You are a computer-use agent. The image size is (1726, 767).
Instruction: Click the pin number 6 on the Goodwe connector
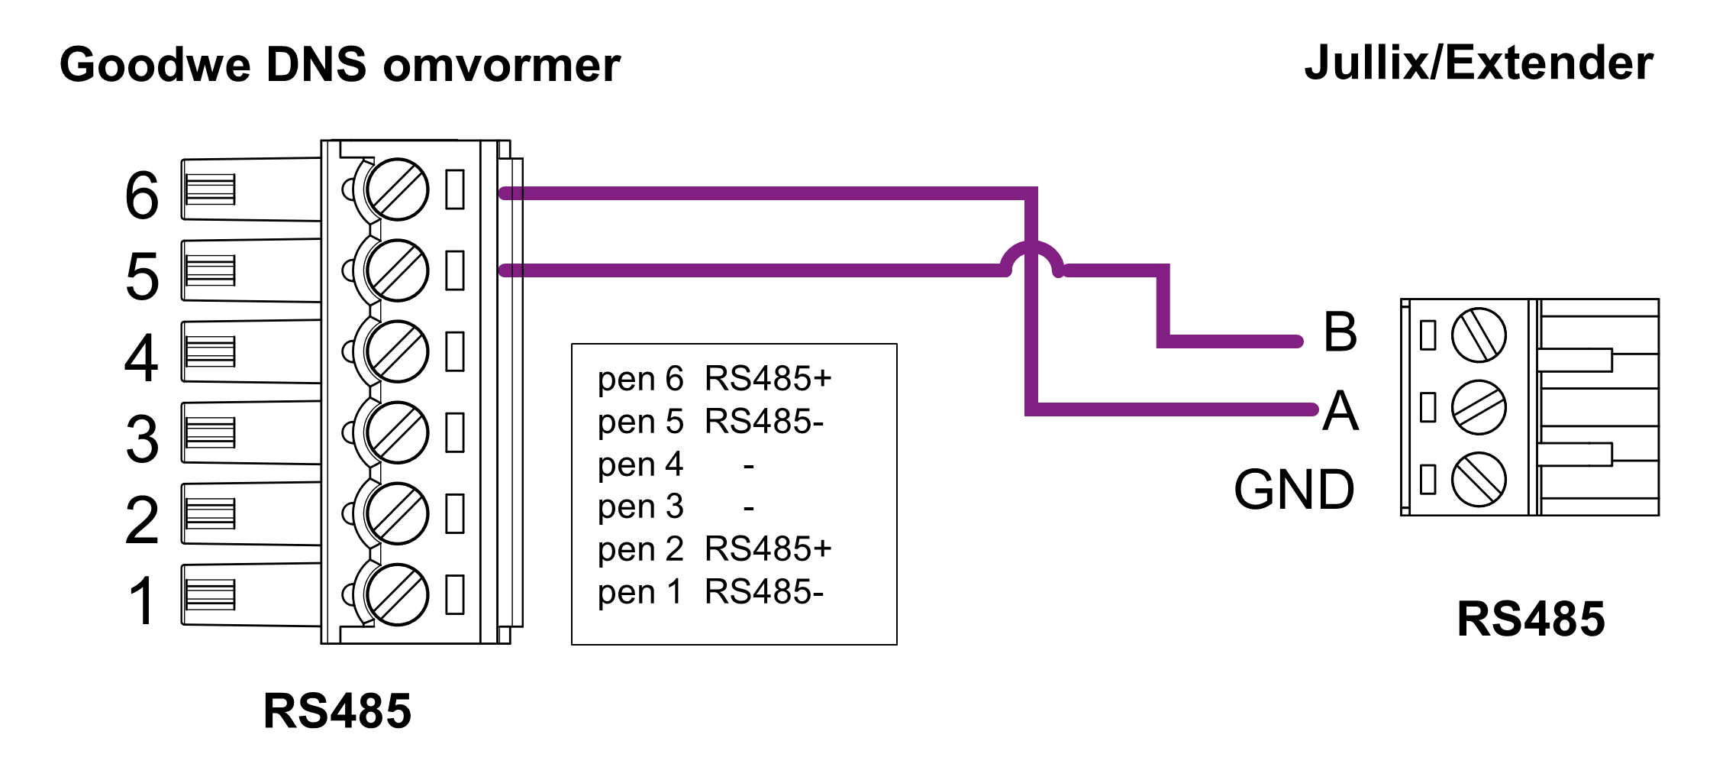pyautogui.click(x=142, y=196)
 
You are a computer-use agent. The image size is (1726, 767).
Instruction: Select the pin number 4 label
pyautogui.click(x=142, y=358)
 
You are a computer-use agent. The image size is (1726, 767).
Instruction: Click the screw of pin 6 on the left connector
pyautogui.click(x=397, y=189)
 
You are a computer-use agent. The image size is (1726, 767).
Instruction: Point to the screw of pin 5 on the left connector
pyautogui.click(x=397, y=270)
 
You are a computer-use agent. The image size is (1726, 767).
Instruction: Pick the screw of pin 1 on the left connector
pyautogui.click(x=397, y=595)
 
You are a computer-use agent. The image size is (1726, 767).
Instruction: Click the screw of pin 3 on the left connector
pyautogui.click(x=397, y=432)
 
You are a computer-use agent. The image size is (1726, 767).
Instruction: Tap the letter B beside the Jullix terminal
pyautogui.click(x=1340, y=332)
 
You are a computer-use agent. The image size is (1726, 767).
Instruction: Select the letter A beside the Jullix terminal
pyautogui.click(x=1340, y=412)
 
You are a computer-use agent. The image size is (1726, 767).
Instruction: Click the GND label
pyautogui.click(x=1295, y=490)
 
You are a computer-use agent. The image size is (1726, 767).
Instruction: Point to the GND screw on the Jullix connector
pyautogui.click(x=1479, y=480)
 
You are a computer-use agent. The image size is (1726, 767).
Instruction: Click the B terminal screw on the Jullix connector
pyautogui.click(x=1479, y=335)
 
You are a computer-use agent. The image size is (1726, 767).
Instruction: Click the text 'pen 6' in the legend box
pyautogui.click(x=640, y=379)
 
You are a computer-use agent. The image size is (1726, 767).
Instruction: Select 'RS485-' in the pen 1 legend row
pyautogui.click(x=764, y=592)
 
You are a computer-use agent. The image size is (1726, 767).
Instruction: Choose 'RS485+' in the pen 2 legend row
pyautogui.click(x=768, y=549)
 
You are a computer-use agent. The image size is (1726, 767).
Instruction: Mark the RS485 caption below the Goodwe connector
pyautogui.click(x=337, y=711)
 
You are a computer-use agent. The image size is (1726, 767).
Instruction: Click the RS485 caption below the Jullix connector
pyautogui.click(x=1531, y=619)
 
